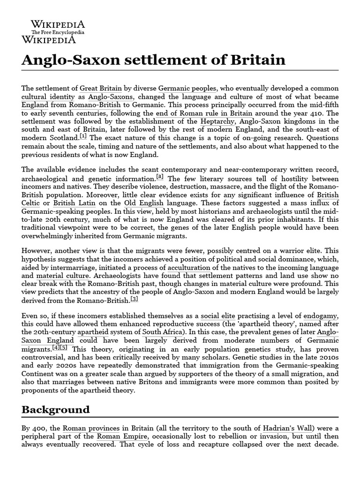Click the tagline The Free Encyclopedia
tap(58, 32)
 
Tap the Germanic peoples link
tap(187, 88)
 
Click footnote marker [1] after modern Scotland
tap(83, 136)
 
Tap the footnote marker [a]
tap(160, 177)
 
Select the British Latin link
tap(74, 203)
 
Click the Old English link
tap(144, 203)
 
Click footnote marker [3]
tap(135, 298)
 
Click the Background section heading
tap(55, 409)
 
